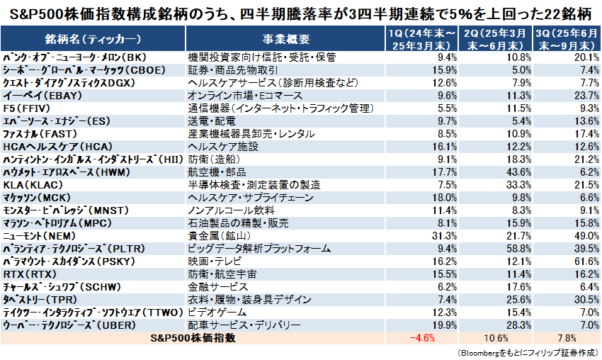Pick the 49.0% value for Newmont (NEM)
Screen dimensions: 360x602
point(584,235)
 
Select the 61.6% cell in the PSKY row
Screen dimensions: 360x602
point(584,261)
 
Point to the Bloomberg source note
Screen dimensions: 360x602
point(524,352)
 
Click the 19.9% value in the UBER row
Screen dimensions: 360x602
point(445,325)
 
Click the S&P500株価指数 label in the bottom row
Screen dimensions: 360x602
point(195,338)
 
